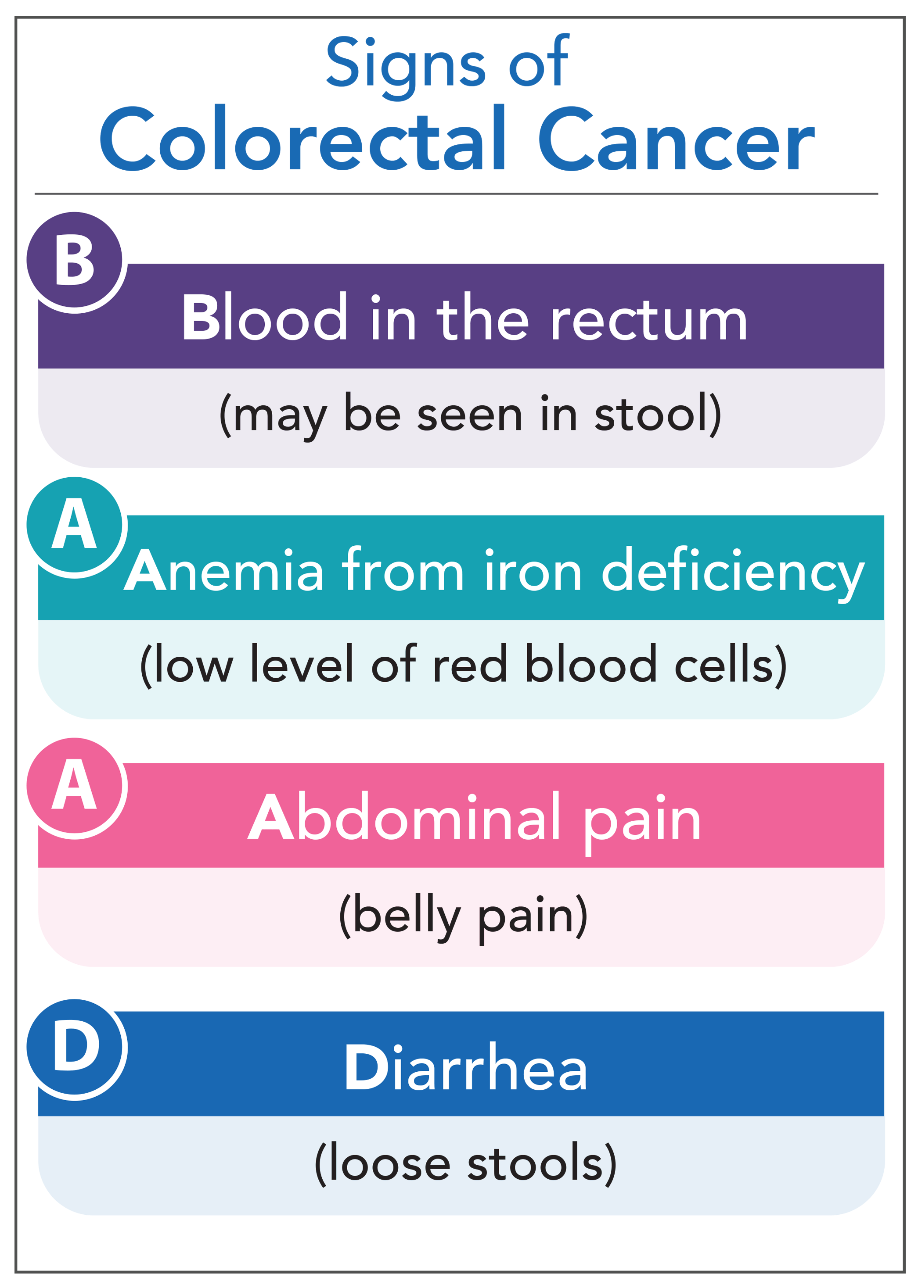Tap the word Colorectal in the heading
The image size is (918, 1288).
pyautogui.click(x=303, y=139)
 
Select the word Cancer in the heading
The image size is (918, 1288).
pyautogui.click(x=676, y=139)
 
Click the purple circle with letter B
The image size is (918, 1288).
pyautogui.click(x=75, y=260)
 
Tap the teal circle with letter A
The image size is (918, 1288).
pyautogui.click(x=75, y=524)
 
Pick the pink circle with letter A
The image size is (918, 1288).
pyautogui.click(x=75, y=785)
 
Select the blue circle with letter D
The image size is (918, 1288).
pyautogui.click(x=75, y=1046)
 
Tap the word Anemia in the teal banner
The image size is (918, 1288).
pyautogui.click(x=224, y=571)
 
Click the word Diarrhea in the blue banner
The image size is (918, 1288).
pyautogui.click(x=466, y=1068)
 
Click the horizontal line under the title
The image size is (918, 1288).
pyautogui.click(x=456, y=194)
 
